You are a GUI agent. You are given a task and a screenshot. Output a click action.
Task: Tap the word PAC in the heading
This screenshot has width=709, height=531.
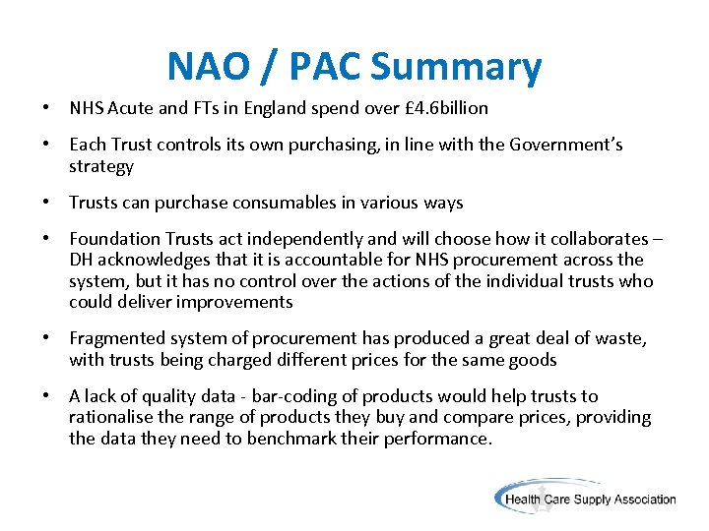(x=316, y=67)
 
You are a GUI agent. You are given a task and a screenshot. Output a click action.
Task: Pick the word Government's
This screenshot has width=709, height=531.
(x=566, y=145)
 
